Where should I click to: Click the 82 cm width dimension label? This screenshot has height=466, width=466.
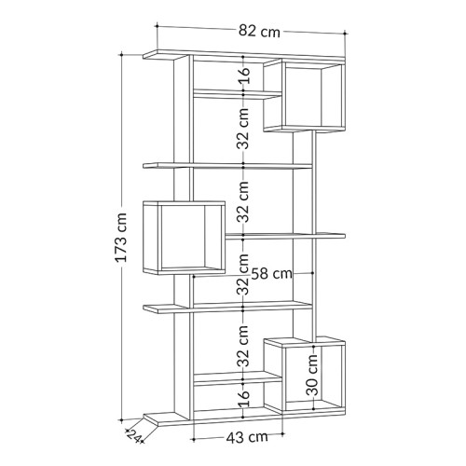(259, 32)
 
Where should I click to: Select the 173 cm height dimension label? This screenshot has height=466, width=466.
(121, 238)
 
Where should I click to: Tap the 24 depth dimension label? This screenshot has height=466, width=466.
(134, 435)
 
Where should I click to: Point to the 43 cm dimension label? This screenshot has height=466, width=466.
(247, 437)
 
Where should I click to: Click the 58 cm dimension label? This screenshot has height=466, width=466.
(271, 274)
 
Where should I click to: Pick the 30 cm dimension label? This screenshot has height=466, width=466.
(313, 374)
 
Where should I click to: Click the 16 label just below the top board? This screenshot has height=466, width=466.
(244, 75)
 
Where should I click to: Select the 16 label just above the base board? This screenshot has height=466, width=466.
(244, 398)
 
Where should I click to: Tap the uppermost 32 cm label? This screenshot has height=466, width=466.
(243, 129)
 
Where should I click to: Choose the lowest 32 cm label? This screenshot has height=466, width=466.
(243, 346)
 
